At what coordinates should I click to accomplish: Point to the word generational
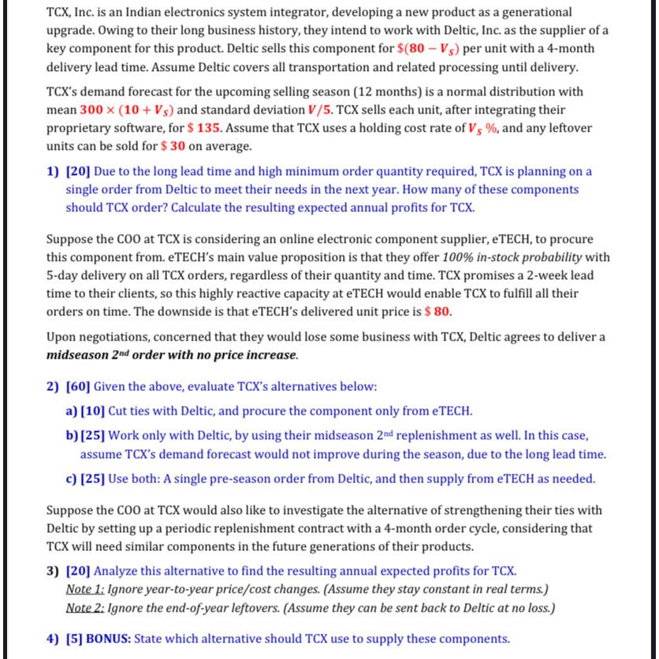coord(533,13)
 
